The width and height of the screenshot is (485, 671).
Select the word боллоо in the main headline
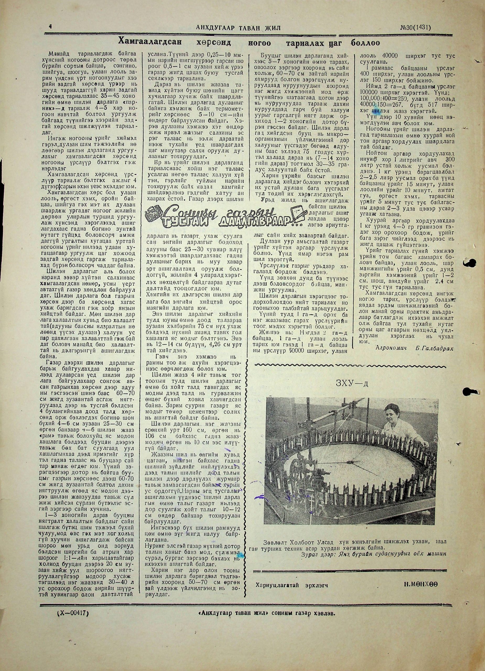[x=365, y=43]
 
